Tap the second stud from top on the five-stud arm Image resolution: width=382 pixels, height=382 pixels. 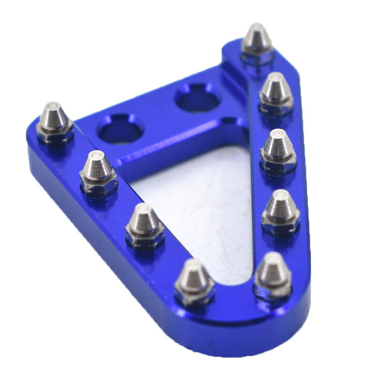276,93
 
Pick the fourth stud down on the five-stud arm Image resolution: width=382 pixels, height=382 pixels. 280,210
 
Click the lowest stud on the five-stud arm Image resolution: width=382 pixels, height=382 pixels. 273,272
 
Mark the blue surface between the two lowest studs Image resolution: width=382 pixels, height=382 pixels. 234,291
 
